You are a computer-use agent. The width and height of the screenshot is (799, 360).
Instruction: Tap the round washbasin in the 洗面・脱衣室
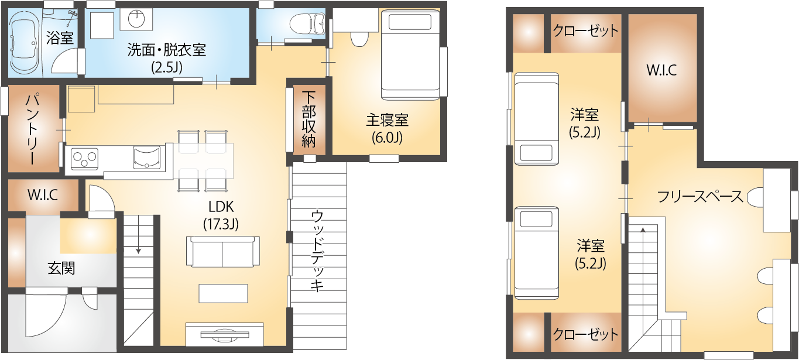[136, 19]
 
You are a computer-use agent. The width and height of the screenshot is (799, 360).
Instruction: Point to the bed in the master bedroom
[410, 54]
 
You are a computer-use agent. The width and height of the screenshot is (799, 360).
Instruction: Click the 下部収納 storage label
[308, 119]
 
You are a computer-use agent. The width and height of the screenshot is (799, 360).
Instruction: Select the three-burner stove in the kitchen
[84, 159]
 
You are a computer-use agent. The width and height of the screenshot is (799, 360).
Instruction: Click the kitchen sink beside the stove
[146, 157]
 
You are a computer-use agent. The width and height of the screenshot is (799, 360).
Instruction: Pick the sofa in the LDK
[222, 252]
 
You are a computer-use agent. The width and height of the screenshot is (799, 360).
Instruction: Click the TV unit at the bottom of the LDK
[225, 334]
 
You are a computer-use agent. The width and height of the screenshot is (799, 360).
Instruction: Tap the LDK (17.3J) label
[221, 215]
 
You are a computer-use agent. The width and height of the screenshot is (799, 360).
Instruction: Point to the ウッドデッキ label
[317, 251]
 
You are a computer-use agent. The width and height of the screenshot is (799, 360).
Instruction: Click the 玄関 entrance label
[61, 268]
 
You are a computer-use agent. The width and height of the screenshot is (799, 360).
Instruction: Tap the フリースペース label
[700, 197]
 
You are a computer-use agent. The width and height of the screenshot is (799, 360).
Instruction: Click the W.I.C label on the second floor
[661, 70]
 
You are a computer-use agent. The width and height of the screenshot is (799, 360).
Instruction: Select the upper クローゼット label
[585, 30]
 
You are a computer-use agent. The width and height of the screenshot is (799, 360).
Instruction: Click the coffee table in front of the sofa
[223, 293]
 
